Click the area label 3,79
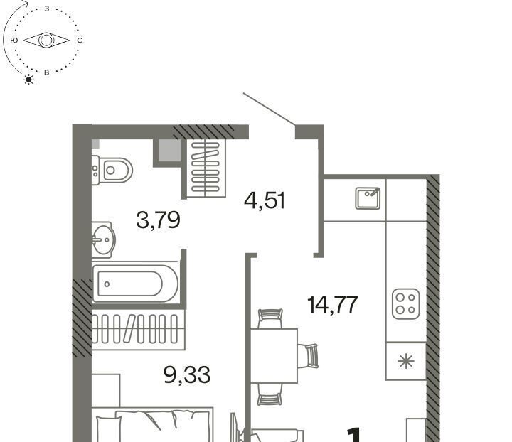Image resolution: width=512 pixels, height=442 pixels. pos(158,220)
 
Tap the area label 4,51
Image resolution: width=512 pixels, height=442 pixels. pos(265,200)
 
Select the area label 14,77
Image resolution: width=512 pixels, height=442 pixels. pos(333,305)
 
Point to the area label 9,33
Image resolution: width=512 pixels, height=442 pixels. pos(187,374)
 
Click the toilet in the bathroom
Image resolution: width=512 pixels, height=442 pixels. pos(112,171)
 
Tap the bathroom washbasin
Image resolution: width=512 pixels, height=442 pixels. pos(103,240)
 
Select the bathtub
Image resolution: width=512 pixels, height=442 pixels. pos(135,284)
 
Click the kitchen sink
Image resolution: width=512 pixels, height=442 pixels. pos(368,198)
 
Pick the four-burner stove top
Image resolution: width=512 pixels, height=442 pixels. pos(406,303)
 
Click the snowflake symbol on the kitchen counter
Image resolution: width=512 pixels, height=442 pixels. pos(406,361)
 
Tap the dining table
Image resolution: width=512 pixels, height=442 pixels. pos(274,355)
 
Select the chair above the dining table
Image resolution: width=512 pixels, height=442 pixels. pos(270,318)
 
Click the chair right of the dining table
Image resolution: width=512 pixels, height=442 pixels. pos(307,355)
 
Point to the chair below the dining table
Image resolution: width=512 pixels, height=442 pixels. pos(270,394)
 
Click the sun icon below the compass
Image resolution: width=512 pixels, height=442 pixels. pos(28,80)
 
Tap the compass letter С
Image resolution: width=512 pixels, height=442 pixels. pos(80,41)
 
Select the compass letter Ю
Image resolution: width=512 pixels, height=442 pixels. pos(14,41)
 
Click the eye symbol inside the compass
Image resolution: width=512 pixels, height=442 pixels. pos(46,41)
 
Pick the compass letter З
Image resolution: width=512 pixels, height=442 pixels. pos(47,9)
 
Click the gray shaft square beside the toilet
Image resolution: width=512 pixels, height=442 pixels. pos(169,151)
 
